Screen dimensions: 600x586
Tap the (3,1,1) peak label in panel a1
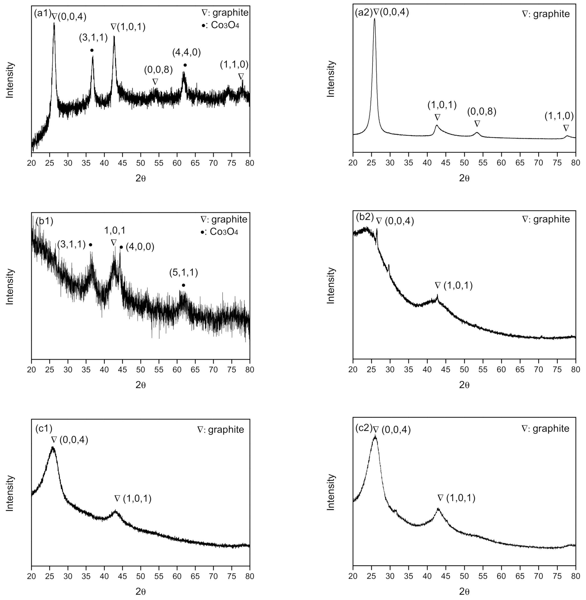tap(93, 38)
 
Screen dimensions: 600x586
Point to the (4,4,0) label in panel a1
tap(186, 53)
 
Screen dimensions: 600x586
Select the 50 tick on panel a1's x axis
tap(141, 163)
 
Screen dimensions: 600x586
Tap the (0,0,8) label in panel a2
tap(482, 112)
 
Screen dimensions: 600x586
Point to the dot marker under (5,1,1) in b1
tap(183, 285)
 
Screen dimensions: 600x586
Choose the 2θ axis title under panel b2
tap(464, 385)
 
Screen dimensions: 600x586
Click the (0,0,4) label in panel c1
tap(74, 440)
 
